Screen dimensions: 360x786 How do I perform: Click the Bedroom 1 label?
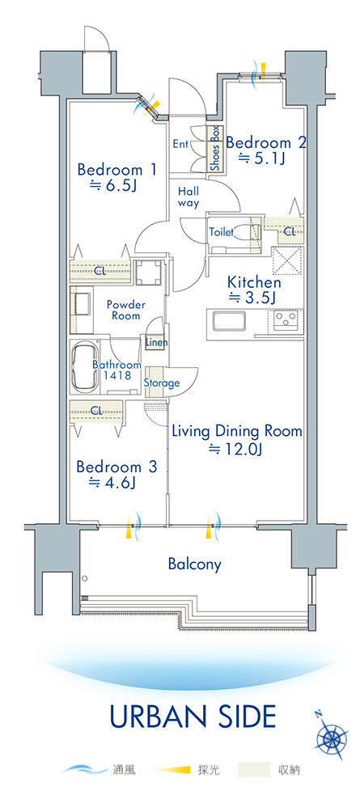tap(117, 170)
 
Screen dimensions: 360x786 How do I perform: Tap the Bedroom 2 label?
tap(265, 143)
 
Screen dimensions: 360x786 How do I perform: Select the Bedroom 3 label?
tap(116, 467)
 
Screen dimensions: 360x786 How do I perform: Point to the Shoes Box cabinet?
tap(215, 150)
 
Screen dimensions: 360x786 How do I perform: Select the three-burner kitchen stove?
tap(286, 319)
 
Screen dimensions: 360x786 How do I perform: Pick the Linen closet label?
tap(156, 342)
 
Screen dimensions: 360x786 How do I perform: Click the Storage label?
tap(162, 383)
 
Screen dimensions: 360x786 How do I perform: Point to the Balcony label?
tap(194, 564)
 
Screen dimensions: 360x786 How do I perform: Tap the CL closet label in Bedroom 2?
tap(290, 231)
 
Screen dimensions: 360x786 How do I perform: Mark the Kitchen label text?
tap(254, 281)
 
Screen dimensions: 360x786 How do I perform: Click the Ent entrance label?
tap(180, 145)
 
